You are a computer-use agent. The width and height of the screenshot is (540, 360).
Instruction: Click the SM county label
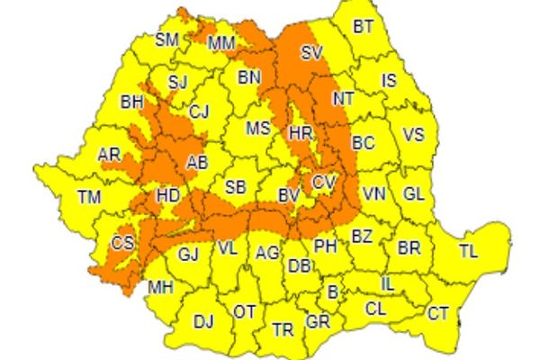pos(166,40)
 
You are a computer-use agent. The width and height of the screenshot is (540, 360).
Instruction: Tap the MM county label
pos(221,43)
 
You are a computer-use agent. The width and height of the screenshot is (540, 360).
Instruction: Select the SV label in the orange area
pos(311,52)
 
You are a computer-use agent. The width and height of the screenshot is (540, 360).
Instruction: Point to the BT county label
pos(363,27)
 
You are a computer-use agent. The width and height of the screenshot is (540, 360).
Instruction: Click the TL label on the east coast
pos(469,251)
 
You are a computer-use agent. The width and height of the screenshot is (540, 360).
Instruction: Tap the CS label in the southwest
pos(122,243)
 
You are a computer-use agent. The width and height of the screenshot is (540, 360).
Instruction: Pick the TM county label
pos(89,197)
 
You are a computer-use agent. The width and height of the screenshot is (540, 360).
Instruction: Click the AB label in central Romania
pos(196,163)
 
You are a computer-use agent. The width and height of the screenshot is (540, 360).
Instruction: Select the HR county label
pos(300,134)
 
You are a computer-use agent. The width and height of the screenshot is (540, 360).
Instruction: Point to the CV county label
pos(324,183)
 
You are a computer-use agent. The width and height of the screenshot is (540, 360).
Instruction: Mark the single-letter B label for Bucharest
pos(333,292)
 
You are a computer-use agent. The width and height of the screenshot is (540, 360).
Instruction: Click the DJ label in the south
pos(203,320)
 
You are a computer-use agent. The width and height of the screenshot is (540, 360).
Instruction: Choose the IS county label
pos(389,81)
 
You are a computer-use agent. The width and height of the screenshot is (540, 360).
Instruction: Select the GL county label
pos(414,194)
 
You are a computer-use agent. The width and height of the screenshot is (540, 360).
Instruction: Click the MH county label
pos(161,288)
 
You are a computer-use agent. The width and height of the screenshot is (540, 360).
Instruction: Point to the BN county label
pos(249,77)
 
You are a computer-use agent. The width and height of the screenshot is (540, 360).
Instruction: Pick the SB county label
pos(236,187)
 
